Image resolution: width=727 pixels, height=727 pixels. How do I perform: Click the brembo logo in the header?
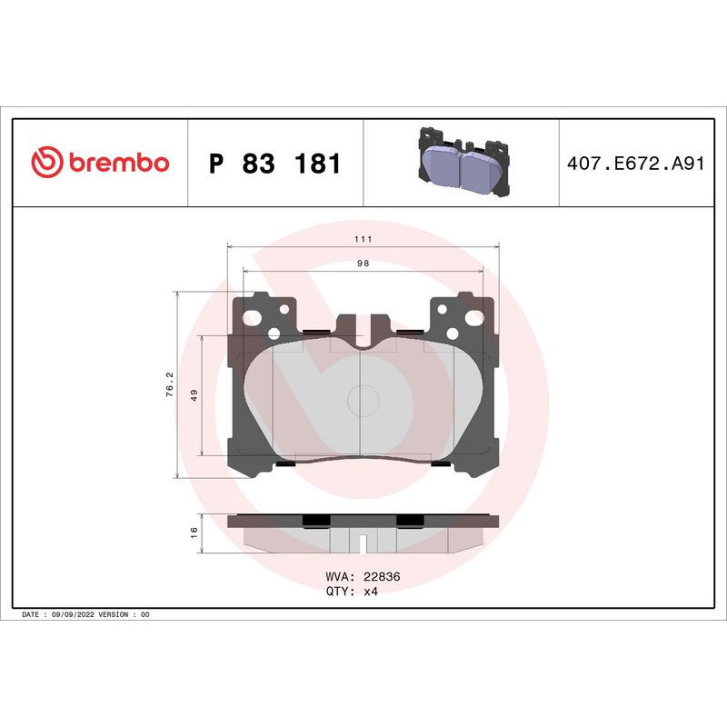pos(100,164)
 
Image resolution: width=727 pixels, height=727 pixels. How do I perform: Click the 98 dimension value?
pos(363,264)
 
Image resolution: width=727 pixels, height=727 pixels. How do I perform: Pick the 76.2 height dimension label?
pos(167,381)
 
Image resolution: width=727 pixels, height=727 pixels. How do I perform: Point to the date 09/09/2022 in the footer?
pos(74,614)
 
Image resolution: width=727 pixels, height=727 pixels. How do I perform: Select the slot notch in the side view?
pos(363,544)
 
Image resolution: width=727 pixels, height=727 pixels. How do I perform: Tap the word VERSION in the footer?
pos(116,614)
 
